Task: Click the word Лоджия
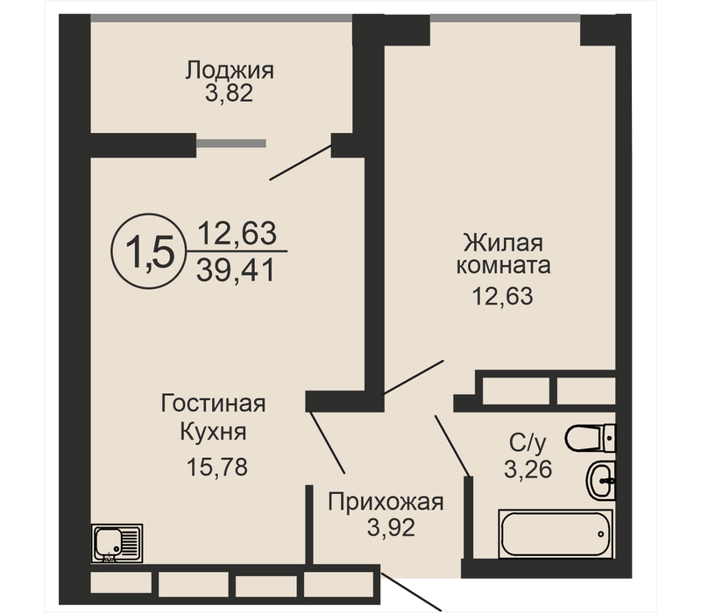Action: (x=230, y=72)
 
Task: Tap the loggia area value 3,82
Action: (x=229, y=94)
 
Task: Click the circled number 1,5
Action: (x=149, y=251)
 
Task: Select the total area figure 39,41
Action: (x=235, y=271)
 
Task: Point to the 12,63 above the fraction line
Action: (x=237, y=233)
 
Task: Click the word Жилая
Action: (x=503, y=243)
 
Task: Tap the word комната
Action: (x=503, y=265)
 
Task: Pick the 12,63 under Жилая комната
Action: (x=502, y=296)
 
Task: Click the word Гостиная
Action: (x=213, y=404)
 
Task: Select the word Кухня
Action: (x=213, y=432)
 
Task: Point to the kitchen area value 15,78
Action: (x=216, y=468)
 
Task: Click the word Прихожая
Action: (x=386, y=502)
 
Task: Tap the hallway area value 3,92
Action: (x=391, y=528)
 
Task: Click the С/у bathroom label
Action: (x=528, y=443)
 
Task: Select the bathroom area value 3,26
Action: (x=528, y=469)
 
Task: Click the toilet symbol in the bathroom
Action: (x=590, y=439)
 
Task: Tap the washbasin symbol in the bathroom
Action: (x=600, y=480)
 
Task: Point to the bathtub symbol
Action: (x=556, y=533)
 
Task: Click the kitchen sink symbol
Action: (x=117, y=543)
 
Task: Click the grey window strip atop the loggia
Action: (x=222, y=18)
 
